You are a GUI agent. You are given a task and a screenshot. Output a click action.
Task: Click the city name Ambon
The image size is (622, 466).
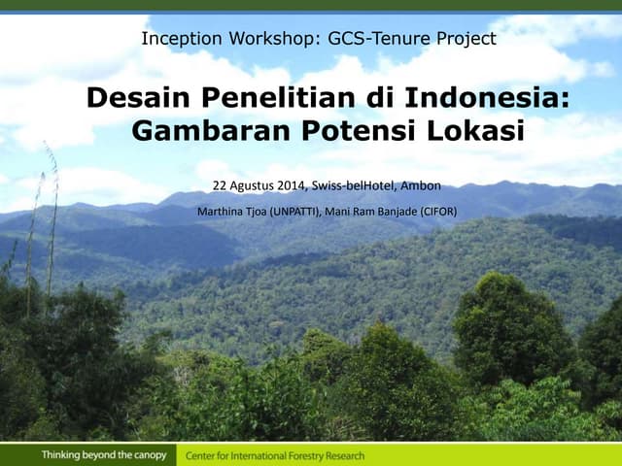pos(421,185)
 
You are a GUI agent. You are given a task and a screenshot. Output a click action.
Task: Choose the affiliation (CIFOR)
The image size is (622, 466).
pos(438,211)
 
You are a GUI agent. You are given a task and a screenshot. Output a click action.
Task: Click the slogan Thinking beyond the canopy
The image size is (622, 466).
pos(104,455)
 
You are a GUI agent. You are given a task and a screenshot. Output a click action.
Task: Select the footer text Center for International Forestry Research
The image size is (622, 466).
pos(276,455)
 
